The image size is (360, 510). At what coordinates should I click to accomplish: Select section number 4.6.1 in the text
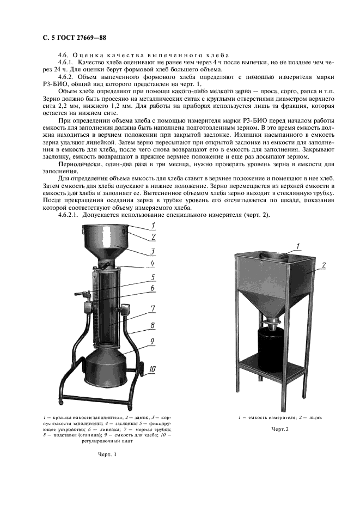(67, 63)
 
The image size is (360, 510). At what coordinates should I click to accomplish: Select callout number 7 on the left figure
(154, 308)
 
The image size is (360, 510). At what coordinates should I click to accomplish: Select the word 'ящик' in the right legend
(315, 418)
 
